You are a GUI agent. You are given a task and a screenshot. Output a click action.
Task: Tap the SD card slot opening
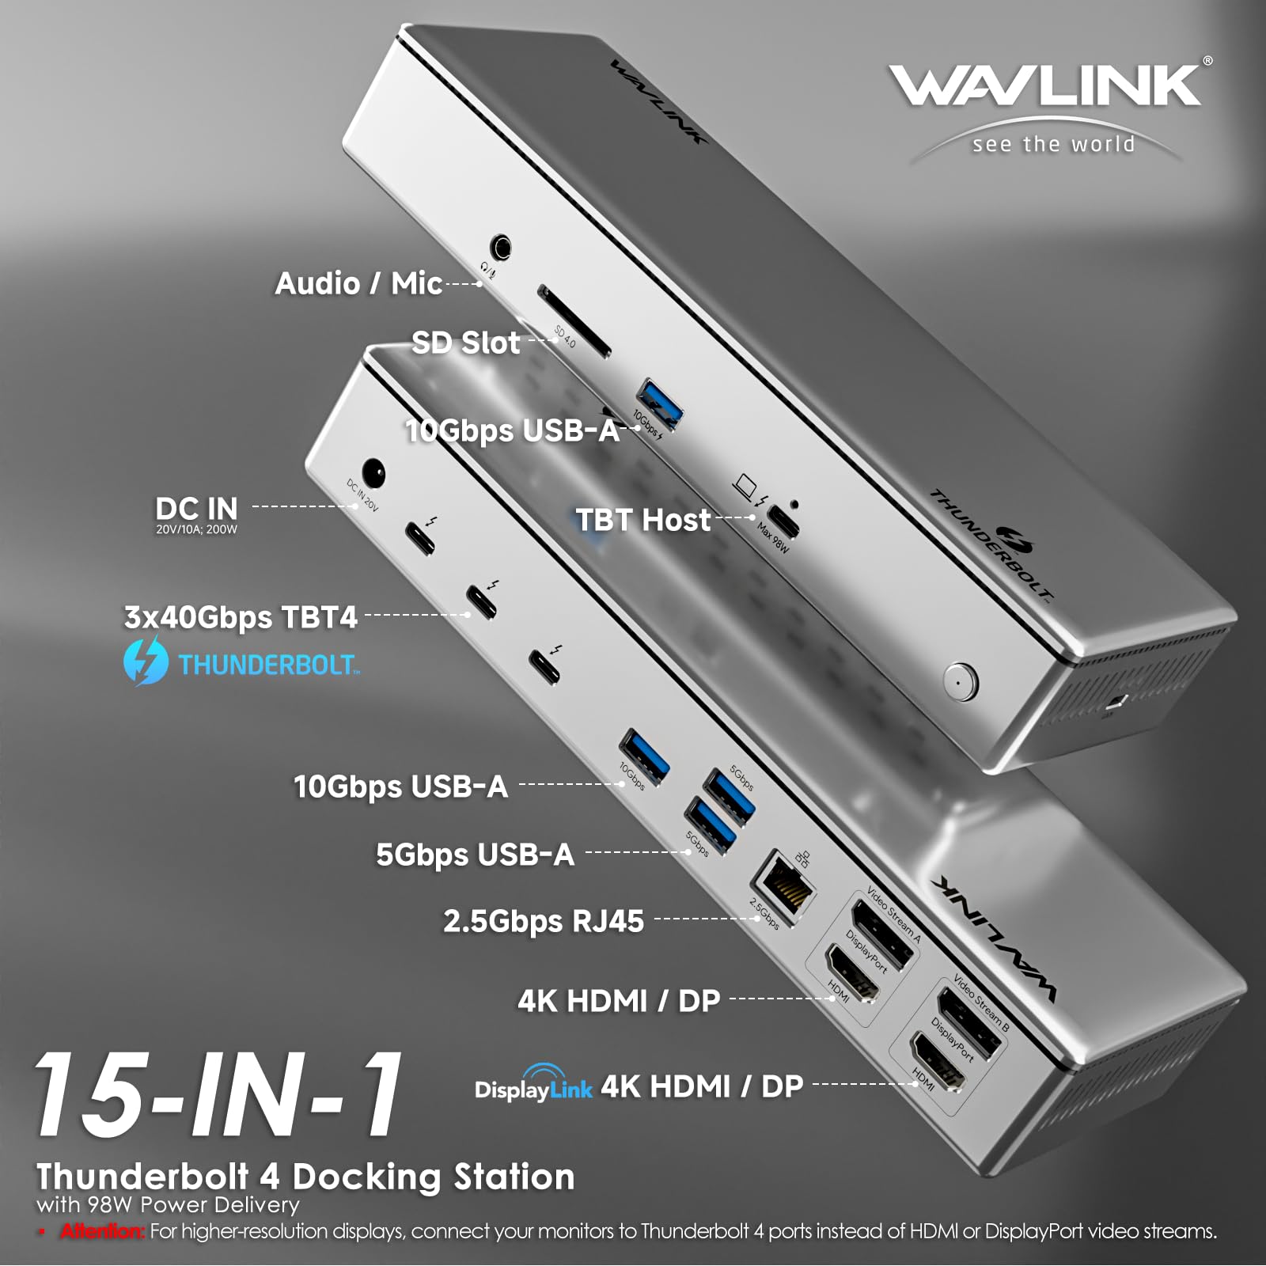(x=574, y=321)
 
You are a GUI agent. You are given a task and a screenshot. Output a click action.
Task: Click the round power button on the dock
(x=961, y=680)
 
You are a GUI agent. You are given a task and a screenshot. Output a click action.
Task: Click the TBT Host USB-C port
(x=784, y=520)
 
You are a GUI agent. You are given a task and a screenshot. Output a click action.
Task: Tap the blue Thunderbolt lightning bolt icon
(x=146, y=661)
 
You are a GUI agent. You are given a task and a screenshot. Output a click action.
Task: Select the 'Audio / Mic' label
(x=358, y=283)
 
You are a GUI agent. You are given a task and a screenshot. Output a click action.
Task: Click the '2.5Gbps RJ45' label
(x=543, y=921)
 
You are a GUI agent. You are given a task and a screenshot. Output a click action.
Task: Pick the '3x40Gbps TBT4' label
(x=241, y=617)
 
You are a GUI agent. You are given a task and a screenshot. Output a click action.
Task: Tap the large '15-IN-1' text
(x=218, y=1096)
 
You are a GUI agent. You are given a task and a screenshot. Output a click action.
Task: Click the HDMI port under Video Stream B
(x=938, y=1062)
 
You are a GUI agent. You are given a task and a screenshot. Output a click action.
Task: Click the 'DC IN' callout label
(x=196, y=508)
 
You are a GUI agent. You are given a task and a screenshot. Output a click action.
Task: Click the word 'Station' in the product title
(x=514, y=1177)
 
